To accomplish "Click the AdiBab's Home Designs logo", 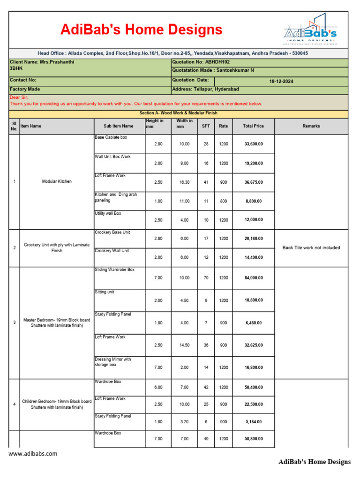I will [x=310, y=29].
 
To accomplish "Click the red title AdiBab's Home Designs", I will [x=141, y=30].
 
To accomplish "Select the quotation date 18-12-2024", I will [x=281, y=81].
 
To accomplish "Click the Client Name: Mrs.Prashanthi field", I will [x=42, y=62].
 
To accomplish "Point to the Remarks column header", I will [x=311, y=126].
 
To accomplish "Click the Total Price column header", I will [x=253, y=126].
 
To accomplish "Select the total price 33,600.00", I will [x=253, y=144].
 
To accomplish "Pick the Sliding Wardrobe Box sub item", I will [x=115, y=270].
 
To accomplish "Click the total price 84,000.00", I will [x=253, y=278].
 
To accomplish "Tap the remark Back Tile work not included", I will [x=311, y=247].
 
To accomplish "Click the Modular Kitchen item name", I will [x=57, y=181].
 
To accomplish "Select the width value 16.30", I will [x=184, y=182].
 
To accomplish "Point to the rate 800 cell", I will [x=223, y=201].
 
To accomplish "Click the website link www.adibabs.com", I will [x=33, y=454].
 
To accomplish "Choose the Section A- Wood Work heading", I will [x=179, y=113].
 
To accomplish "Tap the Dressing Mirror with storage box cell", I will [x=113, y=362].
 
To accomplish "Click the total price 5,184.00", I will [x=253, y=421].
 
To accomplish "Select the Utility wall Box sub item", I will [x=108, y=213].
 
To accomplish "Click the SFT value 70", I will [x=206, y=278].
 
